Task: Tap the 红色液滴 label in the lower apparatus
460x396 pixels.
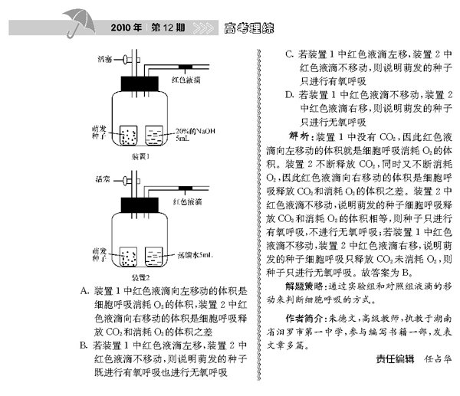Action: [186, 201]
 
